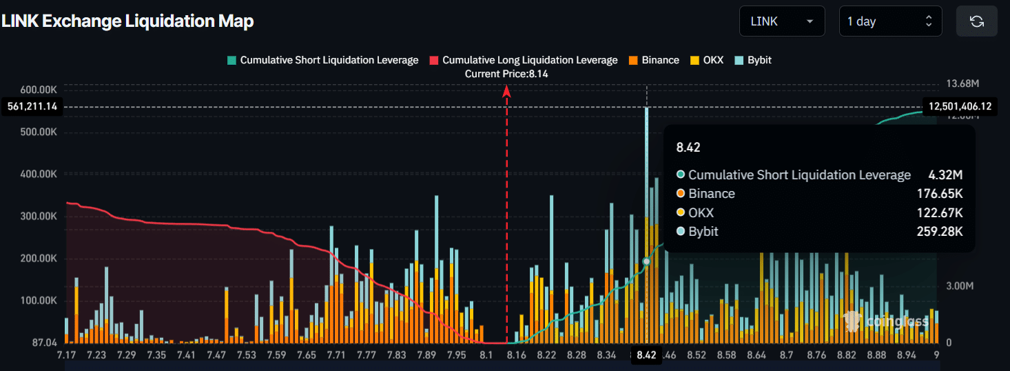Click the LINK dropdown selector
click(x=781, y=21)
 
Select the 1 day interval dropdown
click(x=889, y=21)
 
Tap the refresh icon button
click(x=976, y=21)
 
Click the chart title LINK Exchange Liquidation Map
click(x=127, y=21)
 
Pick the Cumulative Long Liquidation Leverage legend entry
click(x=523, y=60)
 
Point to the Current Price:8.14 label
click(x=506, y=74)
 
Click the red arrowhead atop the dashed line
click(x=506, y=90)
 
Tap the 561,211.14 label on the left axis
click(x=32, y=106)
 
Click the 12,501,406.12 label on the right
click(x=960, y=106)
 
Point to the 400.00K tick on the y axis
click(x=37, y=174)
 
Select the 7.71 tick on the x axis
click(x=336, y=355)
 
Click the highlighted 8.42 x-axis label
click(x=646, y=355)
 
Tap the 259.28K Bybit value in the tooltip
click(x=943, y=231)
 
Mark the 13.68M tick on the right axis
click(x=962, y=83)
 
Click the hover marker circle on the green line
click(x=646, y=261)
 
